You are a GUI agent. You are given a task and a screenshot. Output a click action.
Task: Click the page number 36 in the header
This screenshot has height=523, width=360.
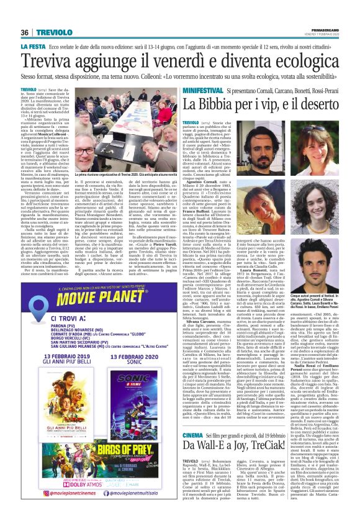[x=25, y=14]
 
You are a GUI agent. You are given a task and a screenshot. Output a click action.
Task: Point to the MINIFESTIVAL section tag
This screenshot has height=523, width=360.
[x=187, y=91]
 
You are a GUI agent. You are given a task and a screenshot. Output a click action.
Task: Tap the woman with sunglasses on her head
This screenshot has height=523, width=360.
[x=323, y=135]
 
